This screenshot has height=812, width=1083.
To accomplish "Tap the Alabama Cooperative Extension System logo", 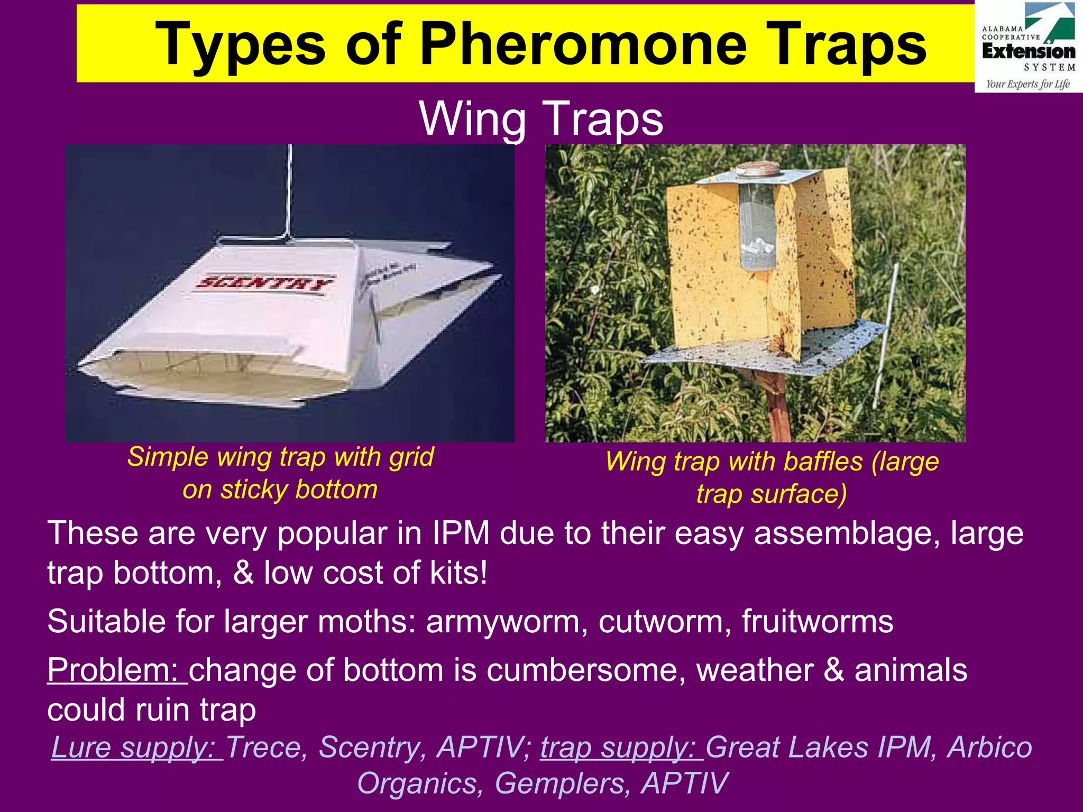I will click(x=1028, y=47).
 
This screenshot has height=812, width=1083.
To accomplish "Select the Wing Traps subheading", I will click(x=541, y=118).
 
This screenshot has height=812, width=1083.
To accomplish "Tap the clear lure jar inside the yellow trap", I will click(x=756, y=227).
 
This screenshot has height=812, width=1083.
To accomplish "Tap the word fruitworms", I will click(x=817, y=621).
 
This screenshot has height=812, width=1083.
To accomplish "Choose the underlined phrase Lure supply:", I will click(x=136, y=748).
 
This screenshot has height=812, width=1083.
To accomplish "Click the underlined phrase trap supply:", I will click(x=621, y=748).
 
